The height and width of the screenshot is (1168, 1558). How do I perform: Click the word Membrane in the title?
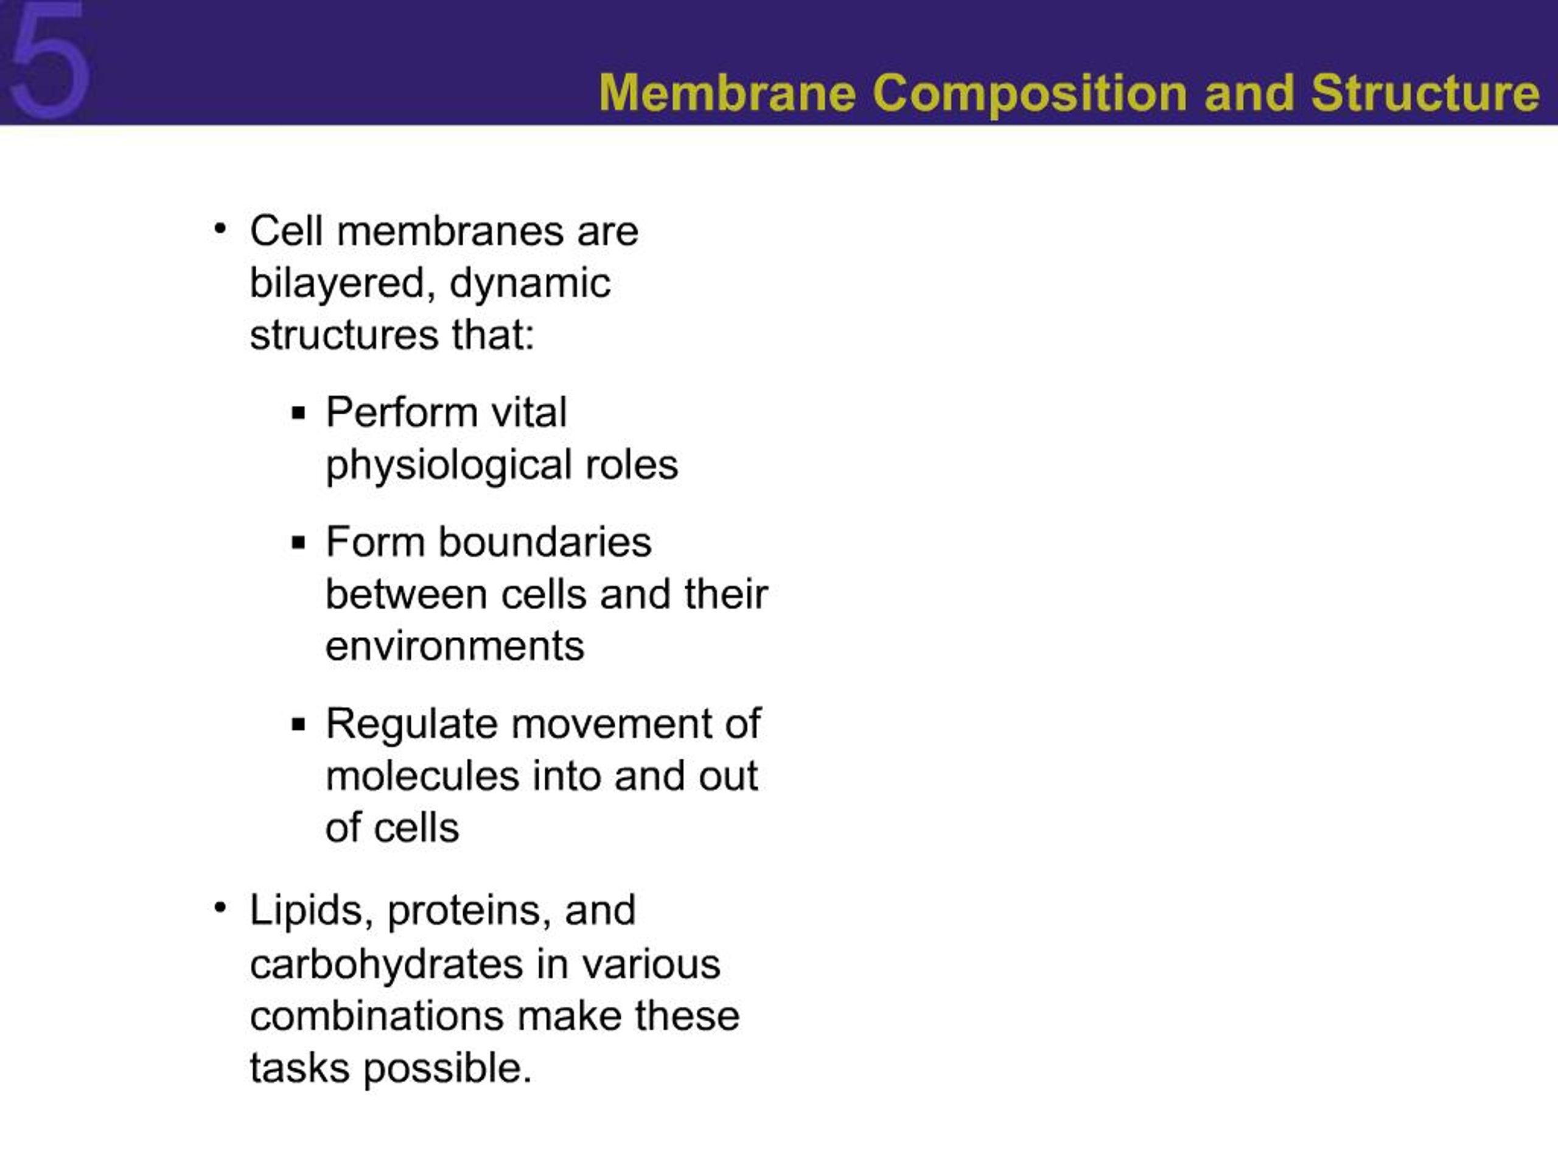727,93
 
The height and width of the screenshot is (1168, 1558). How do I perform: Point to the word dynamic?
529,283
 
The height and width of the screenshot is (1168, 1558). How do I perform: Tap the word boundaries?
545,542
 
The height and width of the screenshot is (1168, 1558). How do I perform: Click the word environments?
454,645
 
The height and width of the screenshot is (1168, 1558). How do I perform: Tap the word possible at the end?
447,1068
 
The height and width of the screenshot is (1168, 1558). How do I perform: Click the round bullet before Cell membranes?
220,229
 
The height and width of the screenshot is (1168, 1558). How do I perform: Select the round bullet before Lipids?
220,908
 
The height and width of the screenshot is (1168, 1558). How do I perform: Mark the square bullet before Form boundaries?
299,543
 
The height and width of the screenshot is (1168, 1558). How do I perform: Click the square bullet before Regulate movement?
299,725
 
